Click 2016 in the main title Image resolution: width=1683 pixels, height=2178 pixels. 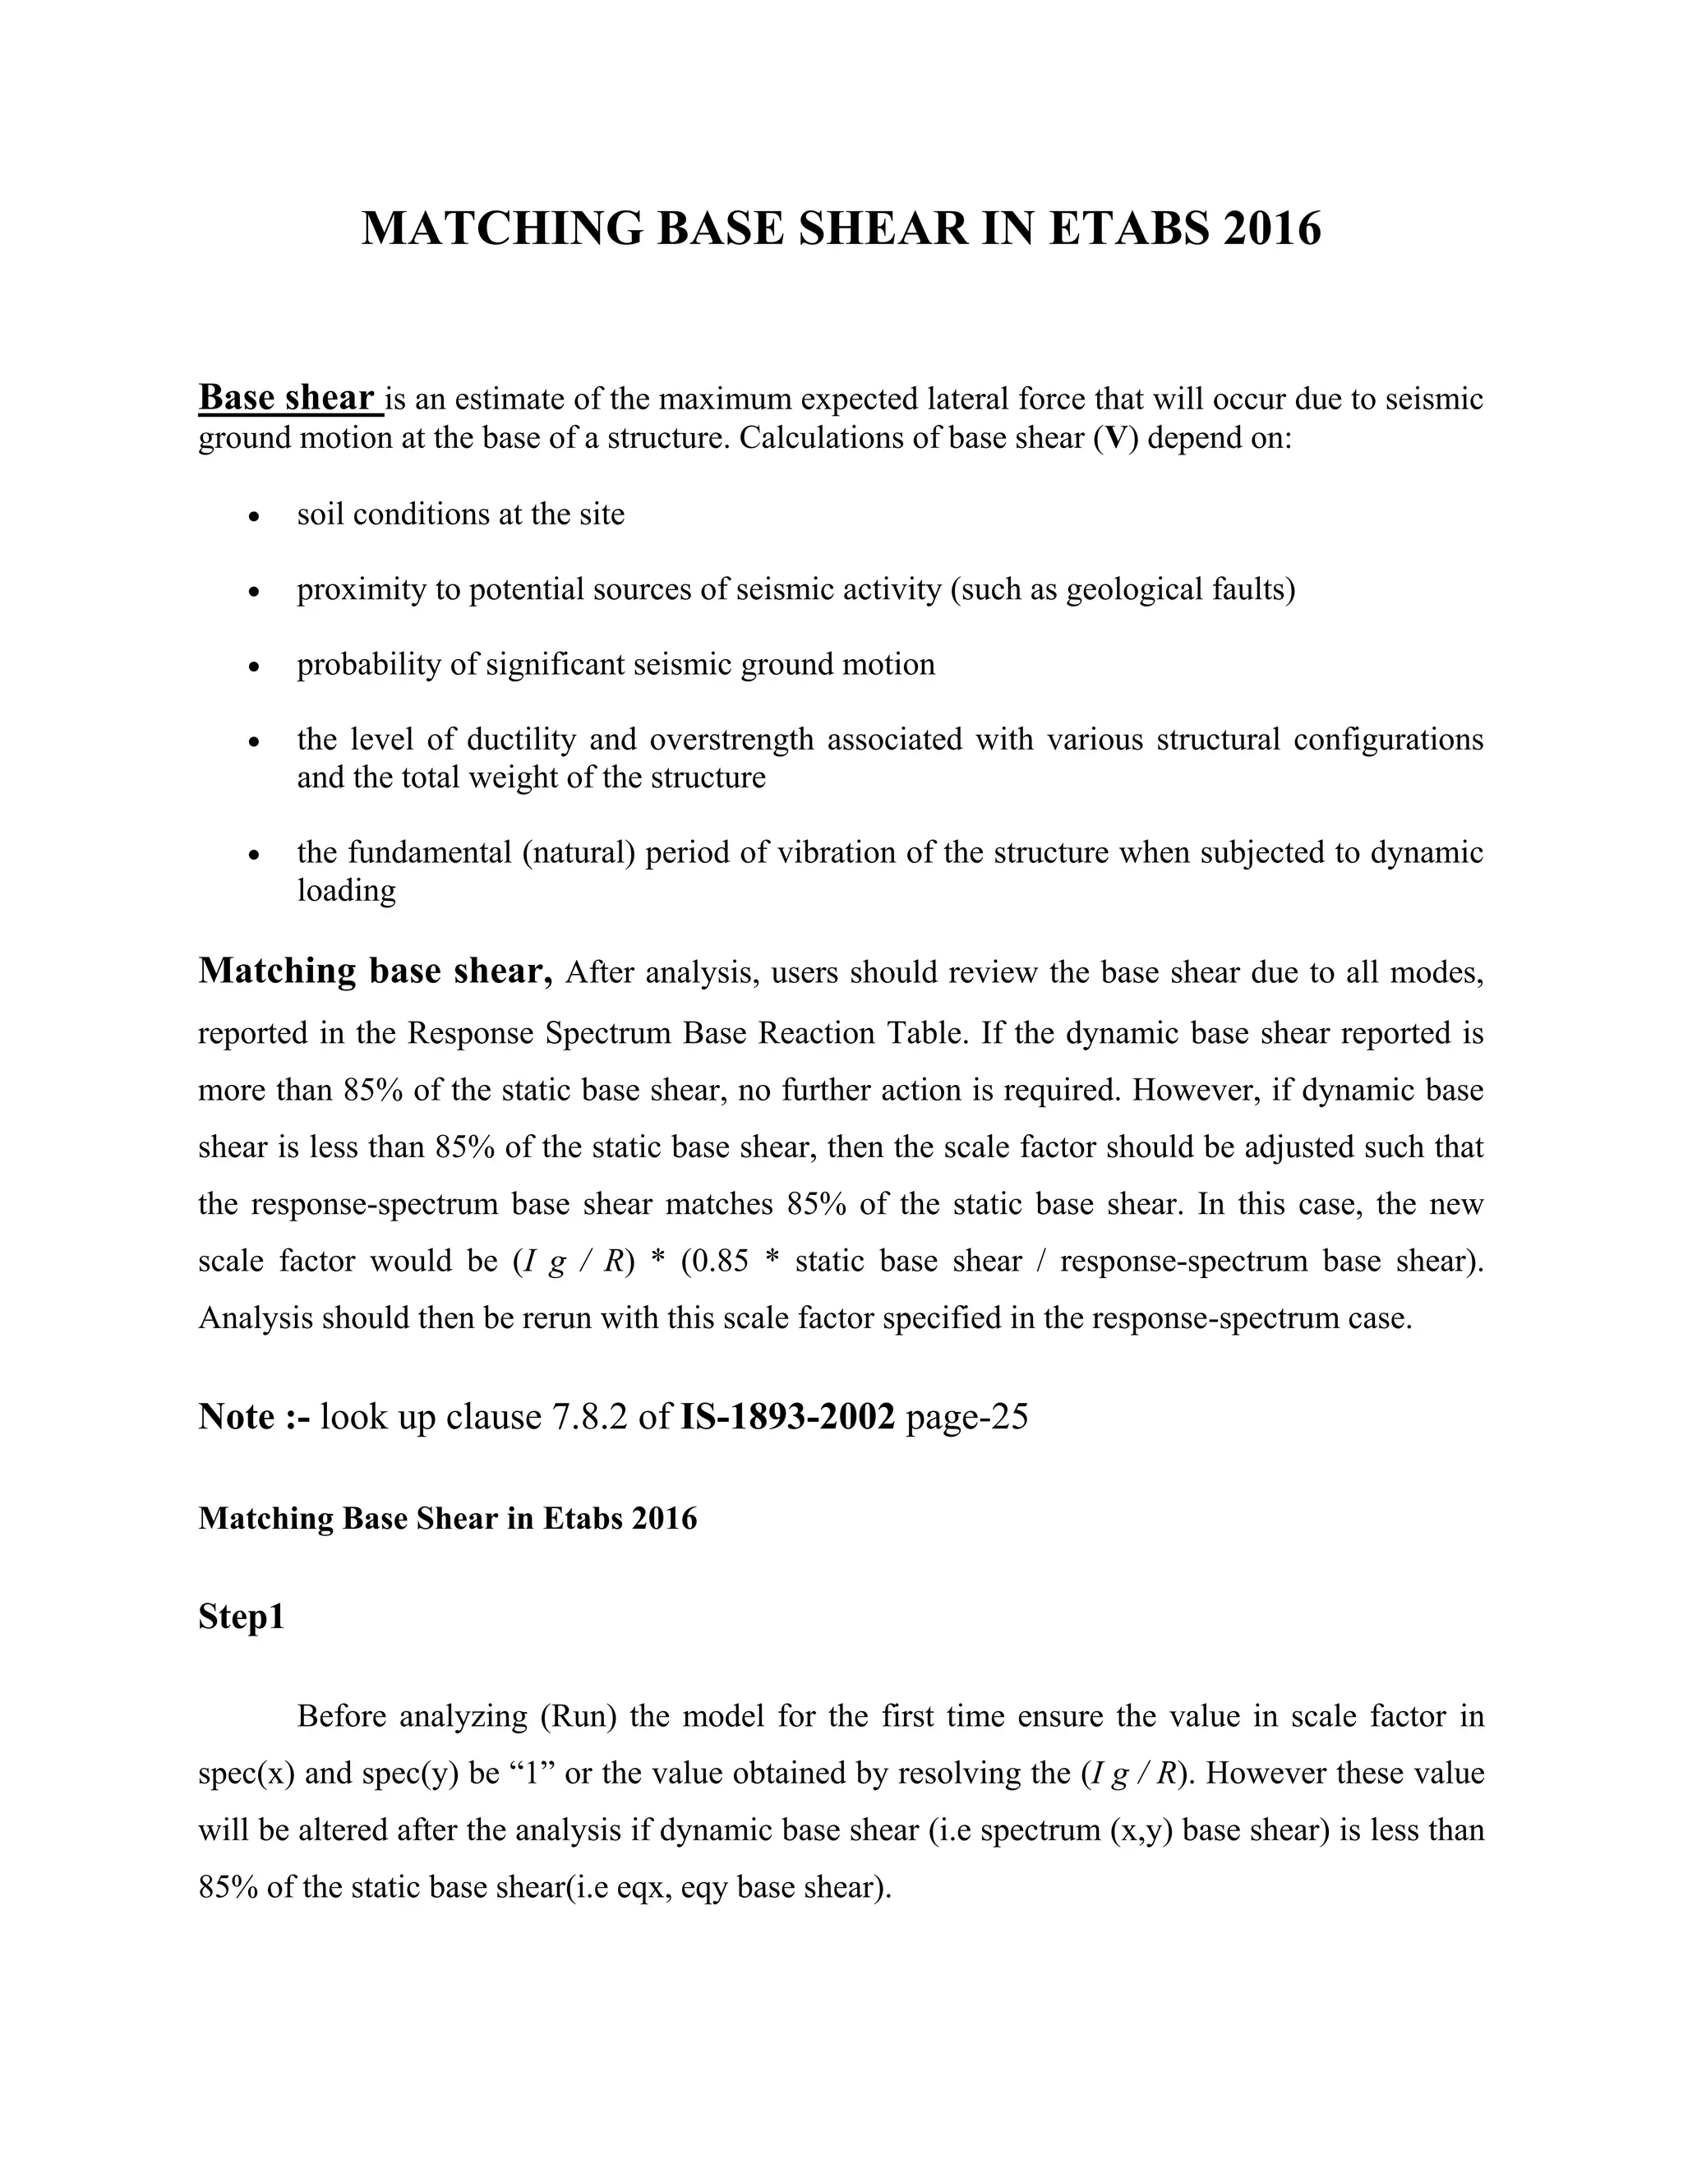click(1271, 228)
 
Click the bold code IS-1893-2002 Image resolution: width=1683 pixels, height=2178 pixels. click(787, 1416)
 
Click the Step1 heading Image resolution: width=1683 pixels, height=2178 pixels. click(242, 1617)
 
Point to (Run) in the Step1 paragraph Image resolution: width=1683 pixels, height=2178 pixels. click(581, 1717)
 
